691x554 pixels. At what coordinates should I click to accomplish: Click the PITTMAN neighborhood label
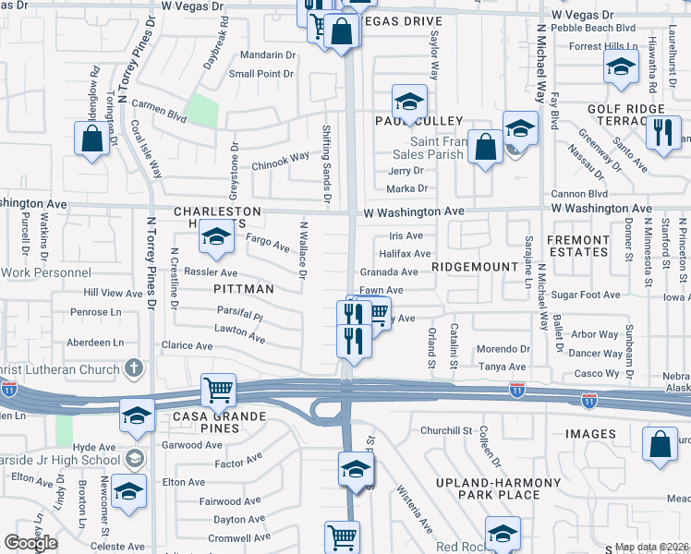pyautogui.click(x=244, y=289)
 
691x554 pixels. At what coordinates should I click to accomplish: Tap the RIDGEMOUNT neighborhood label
pyautogui.click(x=481, y=266)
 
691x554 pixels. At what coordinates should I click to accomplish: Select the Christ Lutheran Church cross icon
pyautogui.click(x=134, y=369)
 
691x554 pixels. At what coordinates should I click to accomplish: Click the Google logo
pyautogui.click(x=30, y=543)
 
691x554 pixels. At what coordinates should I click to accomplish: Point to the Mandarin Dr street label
pyautogui.click(x=261, y=55)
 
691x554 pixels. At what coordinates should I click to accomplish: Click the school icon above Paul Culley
pyautogui.click(x=408, y=100)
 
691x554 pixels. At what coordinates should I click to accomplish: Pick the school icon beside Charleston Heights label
pyautogui.click(x=215, y=239)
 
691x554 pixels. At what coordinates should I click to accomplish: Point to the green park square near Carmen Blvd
pyautogui.click(x=201, y=112)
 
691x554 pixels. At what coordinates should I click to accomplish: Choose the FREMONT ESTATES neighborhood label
pyautogui.click(x=603, y=246)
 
